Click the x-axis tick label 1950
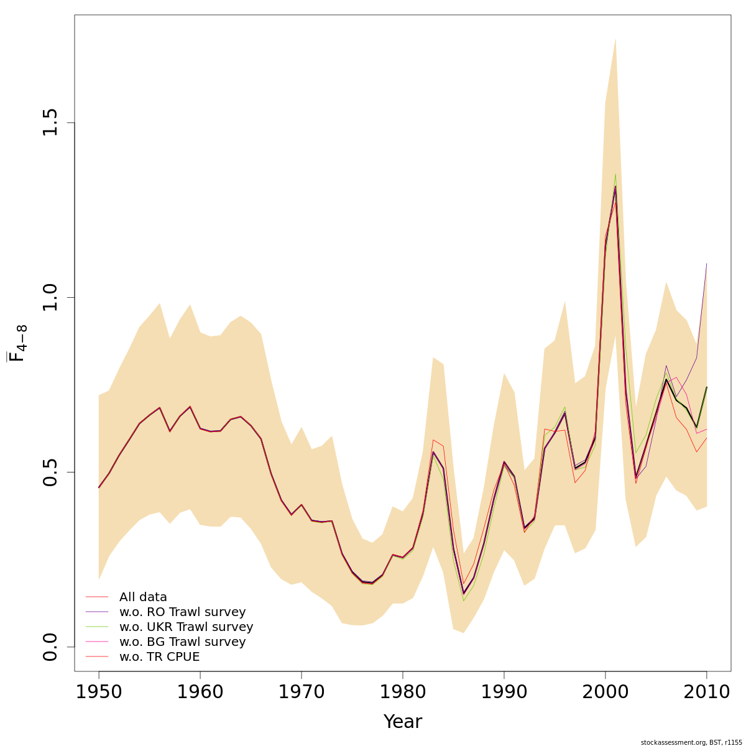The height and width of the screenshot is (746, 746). (x=98, y=691)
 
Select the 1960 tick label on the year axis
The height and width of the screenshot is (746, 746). (x=200, y=691)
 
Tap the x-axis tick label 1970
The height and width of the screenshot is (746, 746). (x=301, y=691)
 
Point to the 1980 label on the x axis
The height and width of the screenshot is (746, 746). (x=402, y=691)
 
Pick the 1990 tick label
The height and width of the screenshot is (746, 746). (x=504, y=691)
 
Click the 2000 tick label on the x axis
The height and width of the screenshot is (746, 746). (x=606, y=691)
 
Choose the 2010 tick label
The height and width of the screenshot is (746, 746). (x=706, y=691)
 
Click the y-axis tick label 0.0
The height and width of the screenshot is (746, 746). (x=51, y=647)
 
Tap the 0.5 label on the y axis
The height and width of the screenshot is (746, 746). (x=51, y=472)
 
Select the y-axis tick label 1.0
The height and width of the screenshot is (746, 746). (x=51, y=297)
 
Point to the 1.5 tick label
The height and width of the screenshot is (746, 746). (x=51, y=122)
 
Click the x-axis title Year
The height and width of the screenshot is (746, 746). (x=402, y=722)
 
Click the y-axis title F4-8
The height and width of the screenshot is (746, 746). (x=17, y=339)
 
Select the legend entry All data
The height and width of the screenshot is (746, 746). (x=143, y=597)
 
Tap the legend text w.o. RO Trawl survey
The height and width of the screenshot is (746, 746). (x=182, y=612)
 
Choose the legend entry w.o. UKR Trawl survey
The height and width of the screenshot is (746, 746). (x=186, y=627)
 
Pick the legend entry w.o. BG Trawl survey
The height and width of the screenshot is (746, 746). (x=182, y=642)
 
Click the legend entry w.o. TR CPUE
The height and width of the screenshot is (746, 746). (x=159, y=657)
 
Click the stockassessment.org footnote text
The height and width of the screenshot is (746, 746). (x=691, y=742)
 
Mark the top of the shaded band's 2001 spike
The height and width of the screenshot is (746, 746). (x=615, y=40)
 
